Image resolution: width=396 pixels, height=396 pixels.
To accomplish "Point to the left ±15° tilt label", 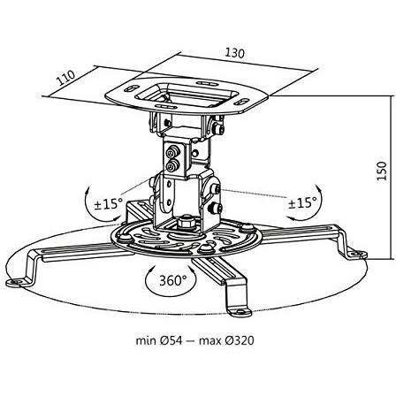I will pos(108,203).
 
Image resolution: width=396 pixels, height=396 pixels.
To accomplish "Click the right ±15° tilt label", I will pos(301,202).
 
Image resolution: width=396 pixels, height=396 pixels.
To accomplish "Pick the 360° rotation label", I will pos(173,281).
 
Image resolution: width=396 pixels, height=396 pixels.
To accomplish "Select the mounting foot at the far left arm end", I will pos(16,282).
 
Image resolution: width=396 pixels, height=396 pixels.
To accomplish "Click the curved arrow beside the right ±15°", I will pos(321,203).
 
